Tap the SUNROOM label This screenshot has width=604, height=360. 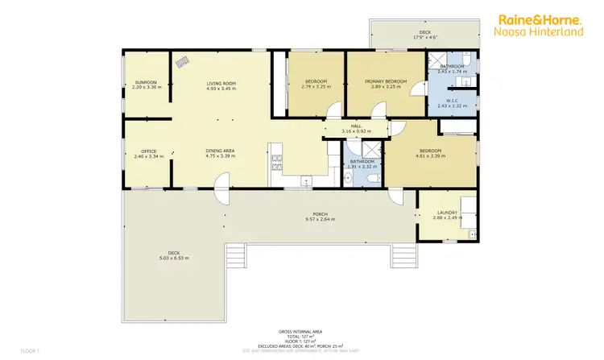pyautogui.click(x=146, y=82)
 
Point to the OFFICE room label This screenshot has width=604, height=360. pyautogui.click(x=148, y=151)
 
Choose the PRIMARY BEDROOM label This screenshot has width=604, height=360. pyautogui.click(x=386, y=81)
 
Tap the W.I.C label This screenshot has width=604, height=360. pyautogui.click(x=452, y=101)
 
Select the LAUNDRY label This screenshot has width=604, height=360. pyautogui.click(x=441, y=213)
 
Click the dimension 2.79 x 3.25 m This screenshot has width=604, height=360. pyautogui.click(x=316, y=87)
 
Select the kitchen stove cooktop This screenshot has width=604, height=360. pyautogui.click(x=276, y=162)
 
